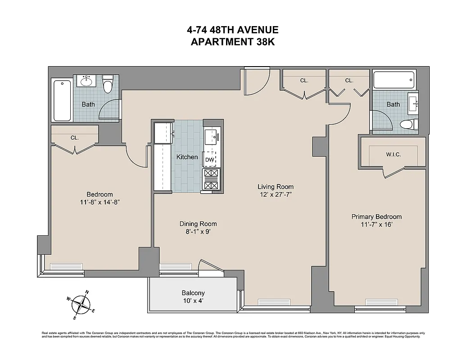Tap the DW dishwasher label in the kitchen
pos(209,159)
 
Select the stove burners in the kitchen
pos(211,179)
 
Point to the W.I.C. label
pos(393,154)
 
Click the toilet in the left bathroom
pos(108,84)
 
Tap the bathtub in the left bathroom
pos(63,100)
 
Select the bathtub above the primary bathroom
pos(394,80)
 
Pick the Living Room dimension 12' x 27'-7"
pos(276,194)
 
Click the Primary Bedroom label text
pos(376,216)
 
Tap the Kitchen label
pos(187,157)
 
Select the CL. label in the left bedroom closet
pos(74,138)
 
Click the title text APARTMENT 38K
pos(233,42)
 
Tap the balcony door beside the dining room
pos(211,266)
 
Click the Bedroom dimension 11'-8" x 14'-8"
pos(100,202)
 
